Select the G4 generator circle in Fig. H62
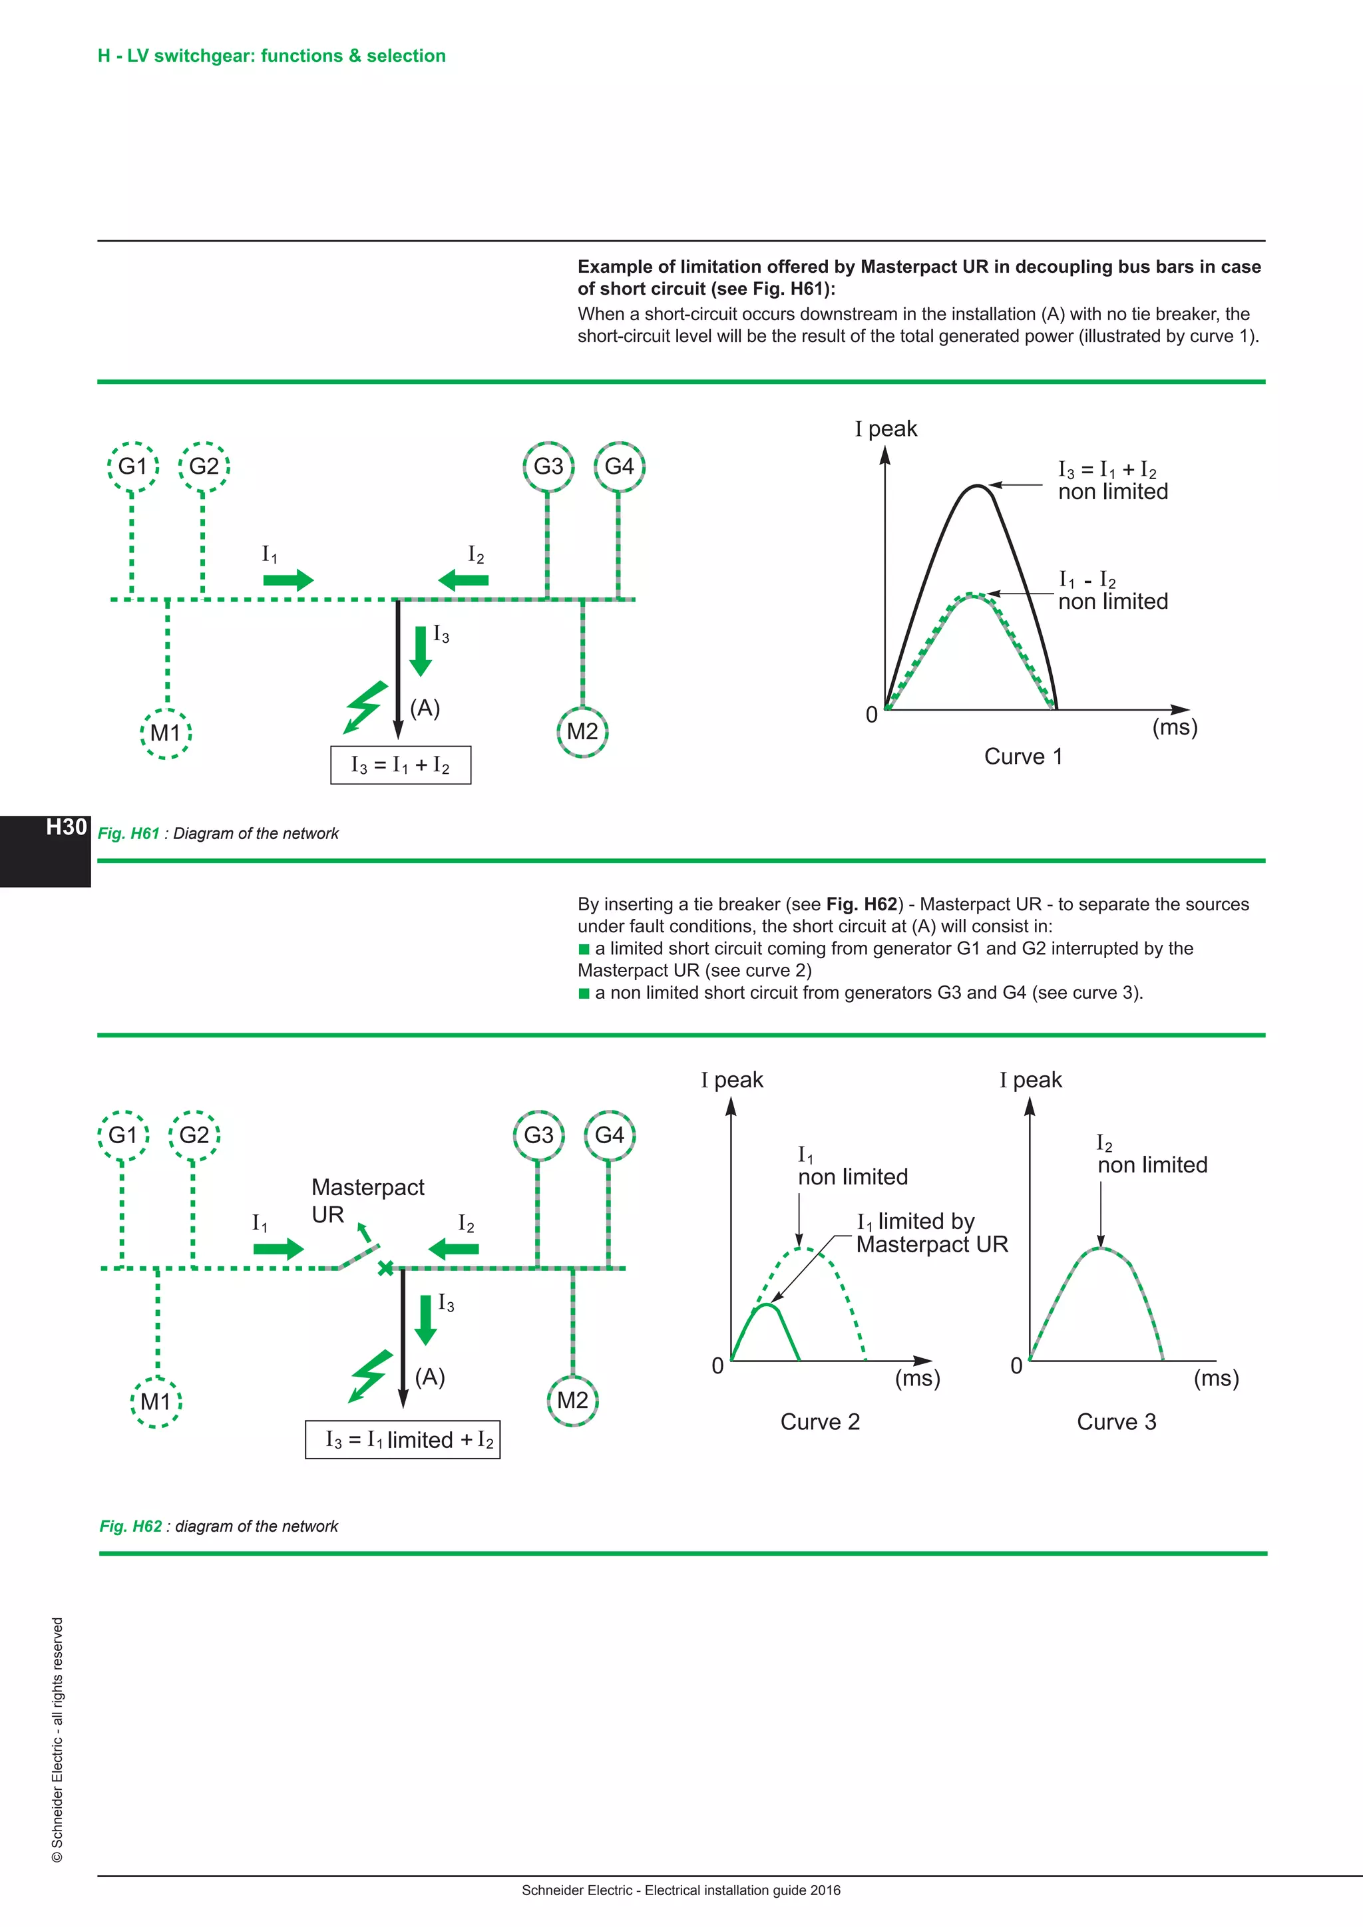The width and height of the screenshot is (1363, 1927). (x=610, y=1136)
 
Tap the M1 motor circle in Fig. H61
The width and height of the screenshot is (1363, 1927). (x=166, y=733)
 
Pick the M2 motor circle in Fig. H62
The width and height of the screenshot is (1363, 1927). (x=572, y=1401)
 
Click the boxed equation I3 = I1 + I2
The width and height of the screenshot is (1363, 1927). (x=401, y=765)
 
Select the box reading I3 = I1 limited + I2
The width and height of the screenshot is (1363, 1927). (x=402, y=1440)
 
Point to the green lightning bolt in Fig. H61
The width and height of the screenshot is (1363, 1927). (x=367, y=707)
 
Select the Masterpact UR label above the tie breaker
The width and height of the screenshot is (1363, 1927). (x=367, y=1200)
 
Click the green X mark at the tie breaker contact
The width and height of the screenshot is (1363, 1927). (x=385, y=1268)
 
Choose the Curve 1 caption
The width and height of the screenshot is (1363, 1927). (x=1023, y=757)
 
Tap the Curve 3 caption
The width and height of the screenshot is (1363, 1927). (x=1116, y=1422)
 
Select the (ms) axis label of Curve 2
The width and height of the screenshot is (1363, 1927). (x=917, y=1378)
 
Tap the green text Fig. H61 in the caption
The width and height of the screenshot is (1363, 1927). (x=128, y=833)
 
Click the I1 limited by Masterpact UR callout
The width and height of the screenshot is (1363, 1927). (x=932, y=1233)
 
